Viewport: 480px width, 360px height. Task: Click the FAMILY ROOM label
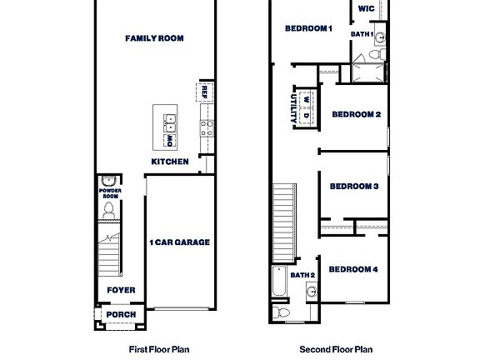pos(154,38)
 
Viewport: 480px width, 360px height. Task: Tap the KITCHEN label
pos(169,162)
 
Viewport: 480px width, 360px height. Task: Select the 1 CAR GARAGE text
pos(179,242)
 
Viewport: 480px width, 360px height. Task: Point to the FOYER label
pos(121,290)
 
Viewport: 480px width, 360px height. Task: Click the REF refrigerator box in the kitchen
pos(202,91)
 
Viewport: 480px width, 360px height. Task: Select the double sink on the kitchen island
pos(170,127)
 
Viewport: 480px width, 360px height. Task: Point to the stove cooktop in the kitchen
pos(205,127)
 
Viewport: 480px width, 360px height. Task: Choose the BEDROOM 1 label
pos(308,29)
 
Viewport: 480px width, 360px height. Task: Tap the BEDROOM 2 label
pos(356,114)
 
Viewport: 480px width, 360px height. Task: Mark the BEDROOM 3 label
pos(354,186)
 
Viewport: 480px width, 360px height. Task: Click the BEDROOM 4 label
pos(354,269)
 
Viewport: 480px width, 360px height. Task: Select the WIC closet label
pos(366,8)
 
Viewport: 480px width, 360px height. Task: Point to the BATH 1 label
pos(362,34)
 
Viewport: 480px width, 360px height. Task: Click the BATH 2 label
pos(302,275)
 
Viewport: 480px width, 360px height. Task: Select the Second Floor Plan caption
pos(335,350)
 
